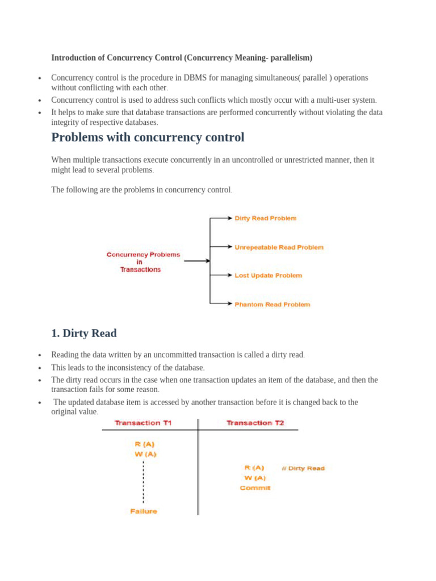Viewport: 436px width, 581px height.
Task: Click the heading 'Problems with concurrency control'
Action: click(x=148, y=137)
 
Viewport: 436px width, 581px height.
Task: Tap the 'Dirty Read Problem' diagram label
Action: click(x=265, y=218)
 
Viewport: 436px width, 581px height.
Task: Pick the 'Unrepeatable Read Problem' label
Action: click(x=279, y=247)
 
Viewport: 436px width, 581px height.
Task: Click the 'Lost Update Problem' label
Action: click(x=268, y=275)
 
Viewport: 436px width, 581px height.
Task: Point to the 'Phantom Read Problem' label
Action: click(x=272, y=305)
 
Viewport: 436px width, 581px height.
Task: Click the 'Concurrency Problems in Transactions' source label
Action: click(x=143, y=262)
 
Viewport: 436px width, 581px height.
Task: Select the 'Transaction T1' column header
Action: click(x=143, y=423)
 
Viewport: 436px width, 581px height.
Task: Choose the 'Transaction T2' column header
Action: click(x=255, y=423)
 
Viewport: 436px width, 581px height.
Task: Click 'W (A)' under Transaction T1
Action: click(x=145, y=454)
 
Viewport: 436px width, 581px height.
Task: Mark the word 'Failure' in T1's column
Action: click(x=144, y=511)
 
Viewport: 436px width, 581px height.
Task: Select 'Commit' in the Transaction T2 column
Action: click(x=255, y=488)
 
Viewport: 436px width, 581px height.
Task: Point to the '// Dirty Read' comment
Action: click(x=303, y=468)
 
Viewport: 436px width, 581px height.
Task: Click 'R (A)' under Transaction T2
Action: click(x=254, y=468)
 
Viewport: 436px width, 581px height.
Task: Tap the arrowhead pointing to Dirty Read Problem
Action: click(x=230, y=218)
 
